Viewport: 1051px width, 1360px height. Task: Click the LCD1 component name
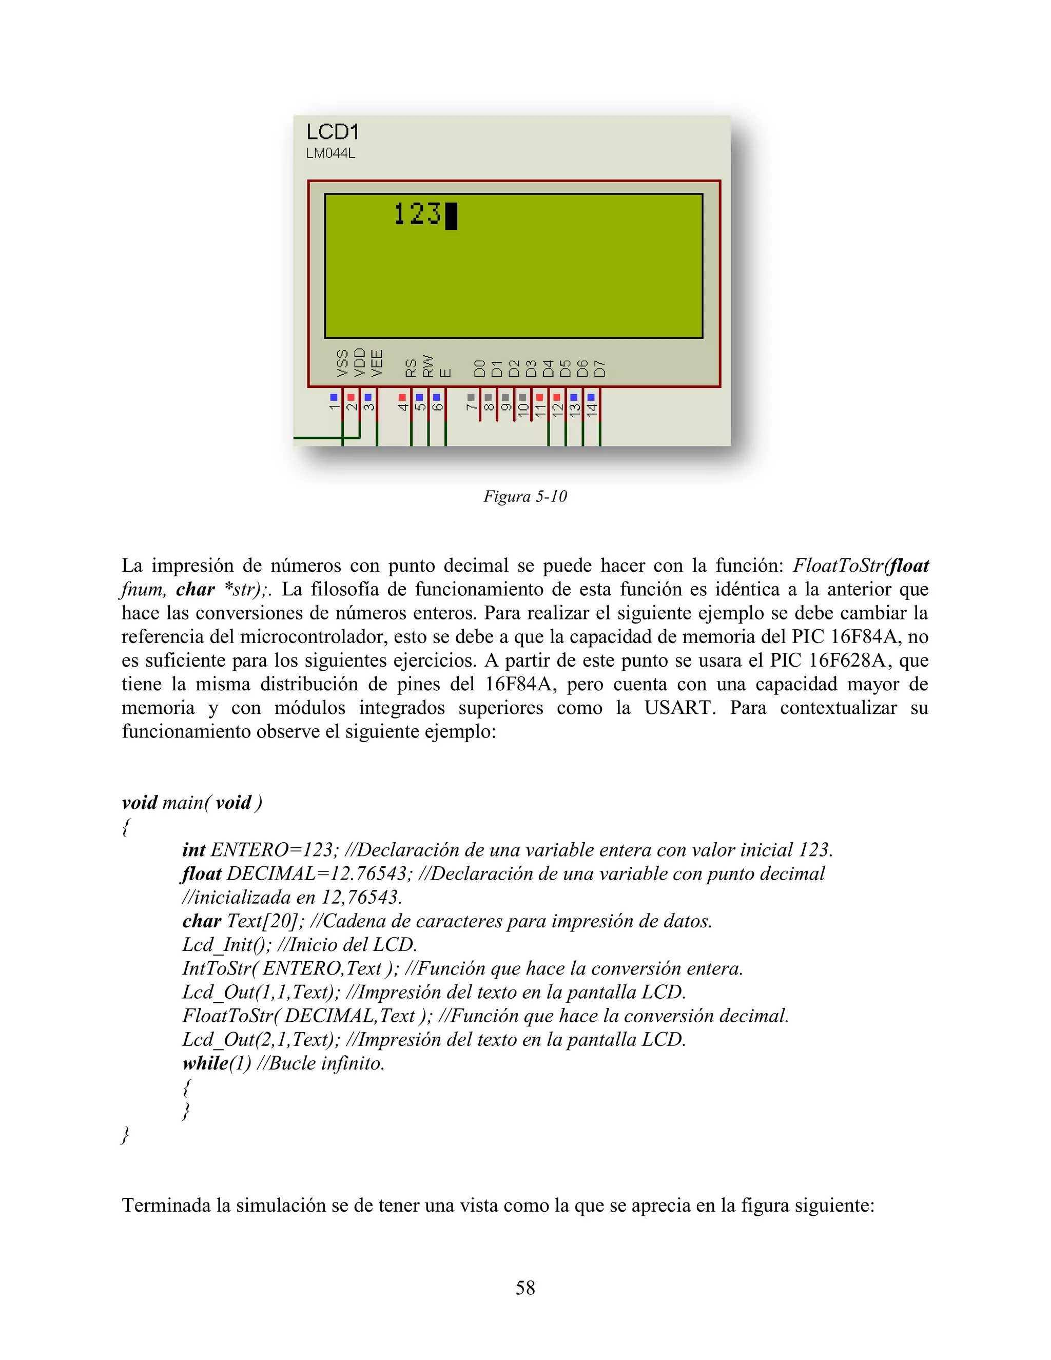pyautogui.click(x=332, y=132)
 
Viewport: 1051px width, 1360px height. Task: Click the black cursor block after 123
pyautogui.click(x=452, y=216)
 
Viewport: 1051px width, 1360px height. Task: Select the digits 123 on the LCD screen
pyautogui.click(x=417, y=214)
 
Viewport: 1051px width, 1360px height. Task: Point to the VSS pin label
pyautogui.click(x=342, y=363)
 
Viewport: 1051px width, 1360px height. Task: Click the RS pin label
pyautogui.click(x=411, y=367)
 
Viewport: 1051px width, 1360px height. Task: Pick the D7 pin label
pyautogui.click(x=599, y=368)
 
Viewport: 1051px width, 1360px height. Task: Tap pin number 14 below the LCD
pyautogui.click(x=592, y=409)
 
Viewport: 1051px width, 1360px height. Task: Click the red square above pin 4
pyautogui.click(x=402, y=397)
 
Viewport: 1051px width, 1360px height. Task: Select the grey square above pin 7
pyautogui.click(x=471, y=397)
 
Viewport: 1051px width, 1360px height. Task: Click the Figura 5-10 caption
pyautogui.click(x=525, y=496)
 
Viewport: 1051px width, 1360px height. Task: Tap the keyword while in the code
pyautogui.click(x=205, y=1063)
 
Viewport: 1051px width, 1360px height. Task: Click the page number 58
pyautogui.click(x=525, y=1287)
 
